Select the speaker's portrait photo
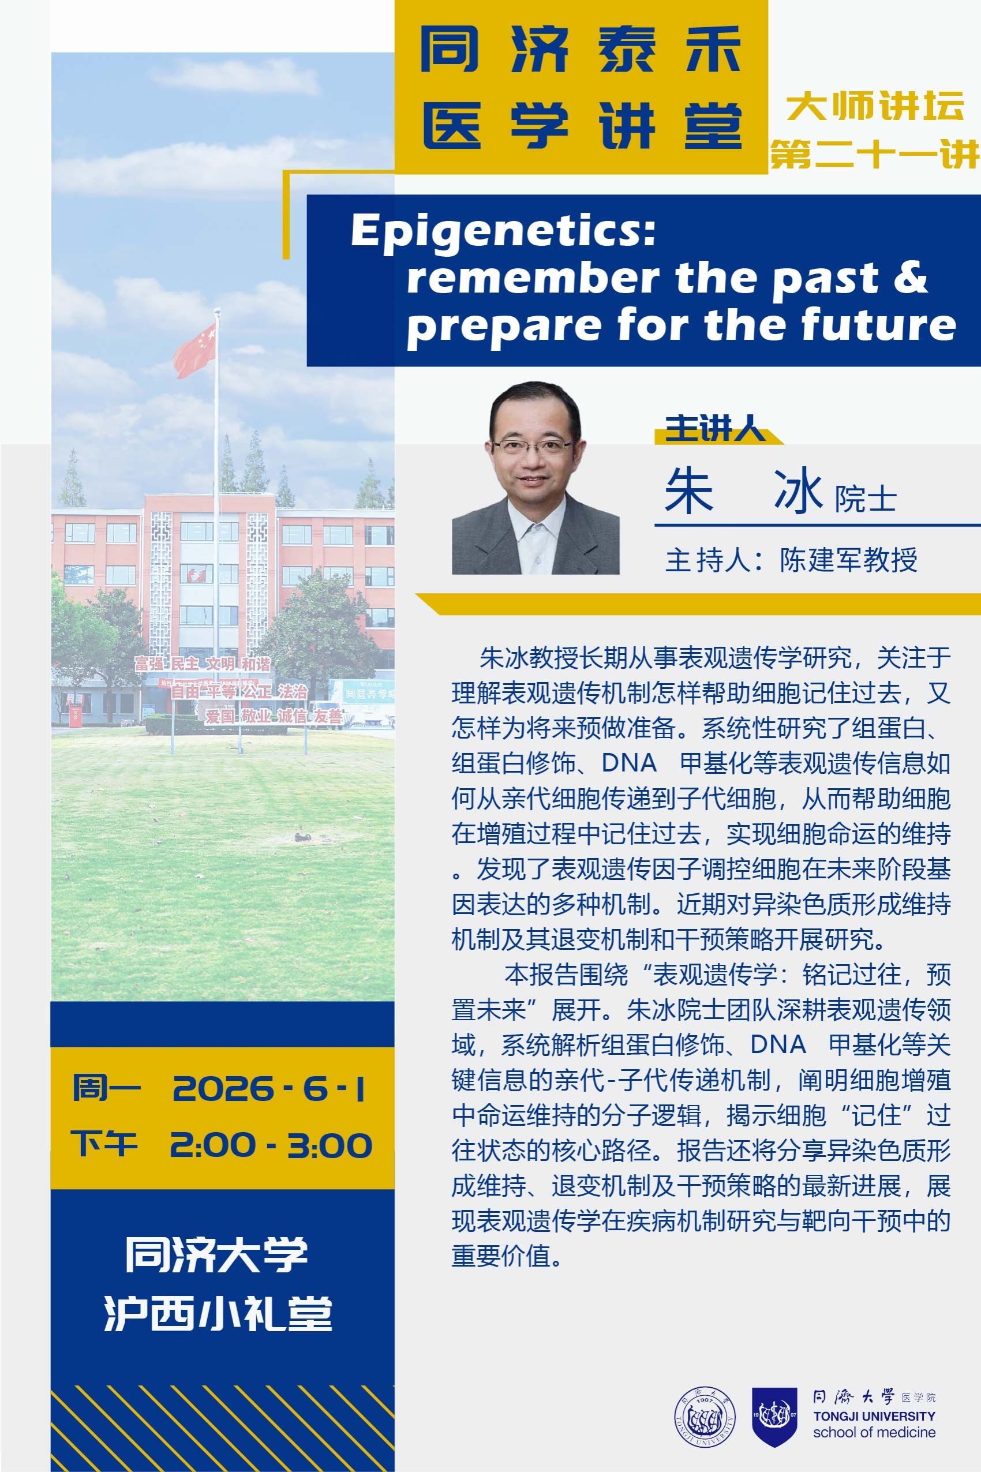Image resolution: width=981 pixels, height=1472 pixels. (536, 478)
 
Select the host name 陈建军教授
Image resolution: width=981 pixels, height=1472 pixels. (848, 560)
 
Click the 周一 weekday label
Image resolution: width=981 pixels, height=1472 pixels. (107, 1088)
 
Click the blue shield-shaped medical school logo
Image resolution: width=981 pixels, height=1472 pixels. (774, 1417)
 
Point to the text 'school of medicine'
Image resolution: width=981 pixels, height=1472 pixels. (874, 1432)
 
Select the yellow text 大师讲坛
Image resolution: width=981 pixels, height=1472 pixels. (875, 106)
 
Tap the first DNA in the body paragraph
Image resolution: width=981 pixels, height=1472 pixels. (630, 763)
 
